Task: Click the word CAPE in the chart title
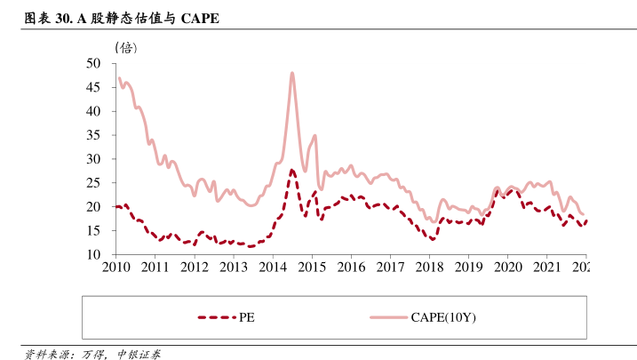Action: tap(200, 19)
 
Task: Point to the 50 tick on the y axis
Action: tap(94, 64)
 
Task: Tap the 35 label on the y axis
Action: tap(94, 135)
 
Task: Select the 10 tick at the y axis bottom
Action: tap(94, 255)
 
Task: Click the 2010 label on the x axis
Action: tap(115, 267)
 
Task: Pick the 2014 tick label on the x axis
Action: tap(273, 267)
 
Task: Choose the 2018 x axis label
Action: tap(430, 267)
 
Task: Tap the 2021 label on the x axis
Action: tap(547, 267)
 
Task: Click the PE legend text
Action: tap(248, 316)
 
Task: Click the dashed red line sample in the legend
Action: tap(217, 316)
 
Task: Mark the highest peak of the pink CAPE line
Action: tap(291, 73)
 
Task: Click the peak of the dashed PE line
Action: tap(291, 170)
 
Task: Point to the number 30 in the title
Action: tap(64, 19)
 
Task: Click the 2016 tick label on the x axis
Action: tap(352, 267)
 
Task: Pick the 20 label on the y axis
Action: tap(94, 207)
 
